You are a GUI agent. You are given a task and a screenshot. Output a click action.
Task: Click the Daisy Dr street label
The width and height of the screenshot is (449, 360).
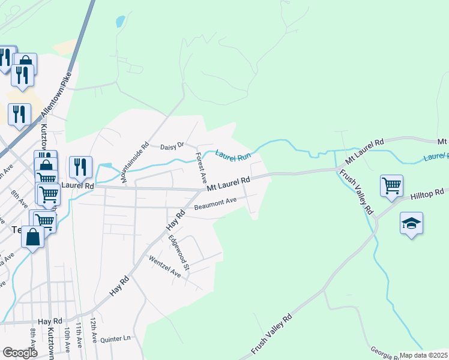pyautogui.click(x=171, y=146)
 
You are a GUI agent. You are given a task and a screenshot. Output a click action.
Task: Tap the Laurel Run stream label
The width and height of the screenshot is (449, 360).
pyautogui.click(x=233, y=156)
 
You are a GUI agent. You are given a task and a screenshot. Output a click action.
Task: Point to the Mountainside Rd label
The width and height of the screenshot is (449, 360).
pyautogui.click(x=134, y=163)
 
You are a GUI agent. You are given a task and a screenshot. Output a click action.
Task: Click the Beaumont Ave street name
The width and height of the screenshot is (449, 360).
pyautogui.click(x=216, y=205)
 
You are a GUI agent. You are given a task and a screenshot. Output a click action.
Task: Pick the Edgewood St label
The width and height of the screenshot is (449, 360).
pyautogui.click(x=179, y=252)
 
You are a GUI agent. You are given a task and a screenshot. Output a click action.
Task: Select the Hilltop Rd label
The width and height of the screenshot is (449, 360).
pyautogui.click(x=427, y=194)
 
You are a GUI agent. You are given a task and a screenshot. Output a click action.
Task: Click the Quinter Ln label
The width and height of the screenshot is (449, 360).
pyautogui.click(x=115, y=338)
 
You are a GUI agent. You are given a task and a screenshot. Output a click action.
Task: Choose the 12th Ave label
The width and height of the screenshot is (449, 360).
pyautogui.click(x=94, y=330)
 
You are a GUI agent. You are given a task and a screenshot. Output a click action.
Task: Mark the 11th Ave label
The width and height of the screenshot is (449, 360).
pyautogui.click(x=79, y=337)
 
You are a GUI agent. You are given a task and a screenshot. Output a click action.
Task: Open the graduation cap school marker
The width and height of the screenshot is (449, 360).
pyautogui.click(x=411, y=224)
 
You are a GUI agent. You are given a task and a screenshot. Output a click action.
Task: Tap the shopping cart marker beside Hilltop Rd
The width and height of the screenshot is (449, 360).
pyautogui.click(x=391, y=185)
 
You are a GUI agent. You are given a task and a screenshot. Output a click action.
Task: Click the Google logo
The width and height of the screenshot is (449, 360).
pyautogui.click(x=20, y=352)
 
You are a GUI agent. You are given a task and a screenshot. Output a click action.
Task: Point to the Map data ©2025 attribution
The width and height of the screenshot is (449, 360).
pyautogui.click(x=423, y=355)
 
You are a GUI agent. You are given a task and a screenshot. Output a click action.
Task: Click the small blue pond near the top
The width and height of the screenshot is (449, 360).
pyautogui.click(x=120, y=22)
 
